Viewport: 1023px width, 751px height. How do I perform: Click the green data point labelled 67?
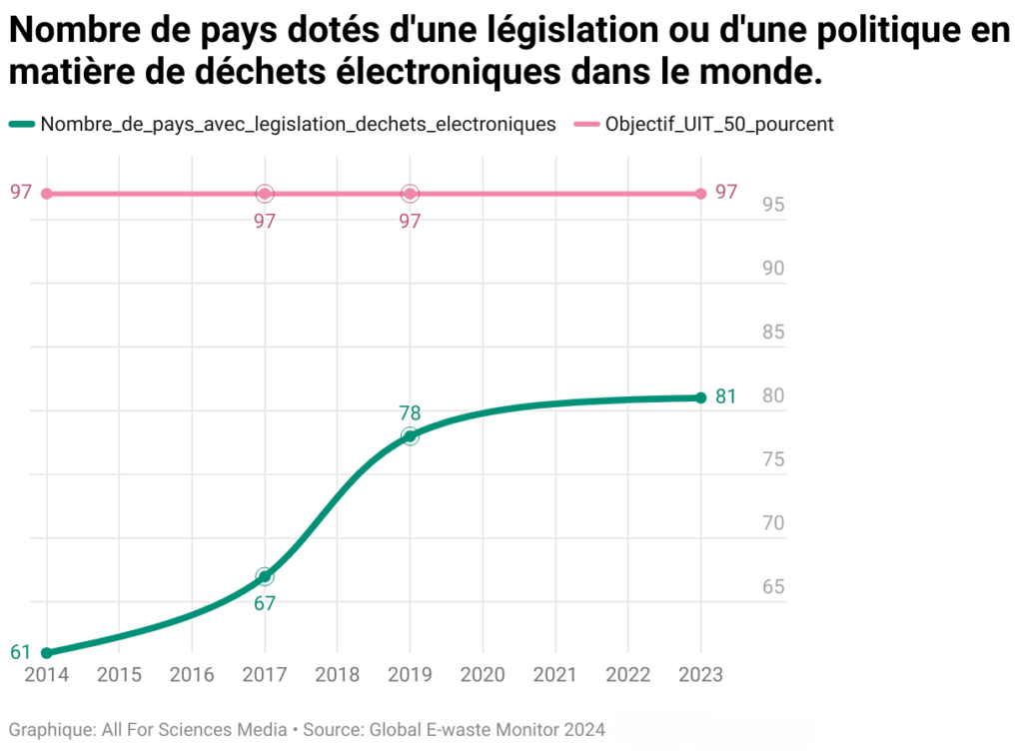[265, 576]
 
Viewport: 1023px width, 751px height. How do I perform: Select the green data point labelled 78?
[410, 436]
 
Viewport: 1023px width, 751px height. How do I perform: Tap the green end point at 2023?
[700, 397]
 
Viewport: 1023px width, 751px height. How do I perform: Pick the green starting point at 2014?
[46, 653]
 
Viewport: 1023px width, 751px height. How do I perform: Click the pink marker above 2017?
[265, 193]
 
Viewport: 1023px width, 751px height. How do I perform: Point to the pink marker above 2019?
[410, 193]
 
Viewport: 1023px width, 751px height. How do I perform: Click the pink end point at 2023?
[700, 193]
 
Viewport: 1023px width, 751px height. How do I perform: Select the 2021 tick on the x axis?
[555, 674]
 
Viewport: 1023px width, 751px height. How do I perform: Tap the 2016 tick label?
[192, 674]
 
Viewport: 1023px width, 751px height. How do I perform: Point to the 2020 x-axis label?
[483, 674]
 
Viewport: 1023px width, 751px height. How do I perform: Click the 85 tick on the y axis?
[774, 333]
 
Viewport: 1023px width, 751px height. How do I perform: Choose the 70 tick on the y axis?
[774, 523]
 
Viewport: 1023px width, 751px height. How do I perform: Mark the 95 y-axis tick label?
[774, 205]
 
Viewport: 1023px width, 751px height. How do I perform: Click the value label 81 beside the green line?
[726, 397]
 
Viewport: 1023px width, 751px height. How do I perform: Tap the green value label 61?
[21, 653]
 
